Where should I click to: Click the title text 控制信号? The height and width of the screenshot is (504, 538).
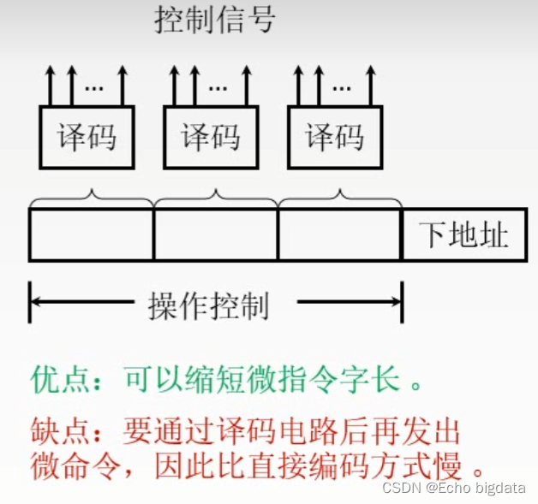click(214, 18)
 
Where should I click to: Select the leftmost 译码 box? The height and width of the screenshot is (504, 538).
click(87, 137)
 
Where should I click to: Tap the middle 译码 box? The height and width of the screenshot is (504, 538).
click(210, 137)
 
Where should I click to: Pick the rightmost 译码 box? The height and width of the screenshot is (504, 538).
click(334, 137)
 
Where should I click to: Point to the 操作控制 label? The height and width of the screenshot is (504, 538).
click(209, 304)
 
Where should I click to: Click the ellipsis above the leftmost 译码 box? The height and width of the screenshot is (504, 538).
click(95, 86)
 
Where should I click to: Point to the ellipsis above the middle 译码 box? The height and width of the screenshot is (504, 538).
click(219, 86)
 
